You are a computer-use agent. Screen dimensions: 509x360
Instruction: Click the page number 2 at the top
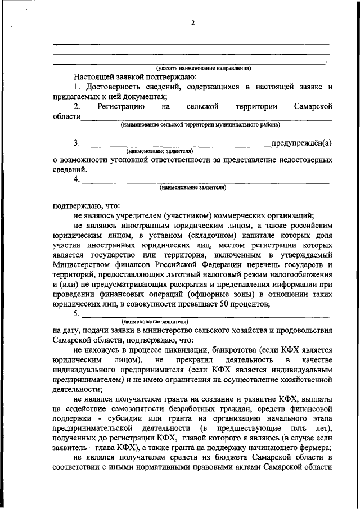coord(193,22)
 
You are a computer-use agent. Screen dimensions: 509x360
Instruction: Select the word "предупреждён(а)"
coord(301,142)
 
